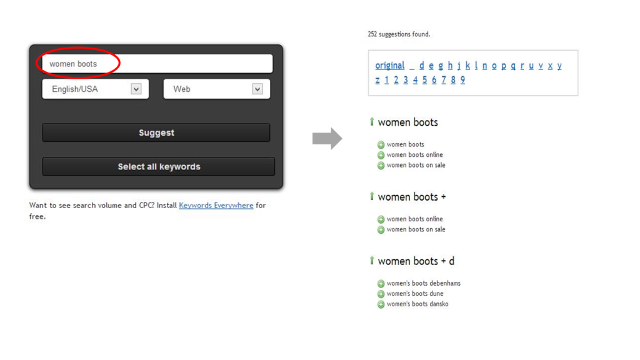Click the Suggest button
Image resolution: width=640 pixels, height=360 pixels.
point(156,132)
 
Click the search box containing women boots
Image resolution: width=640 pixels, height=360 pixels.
point(157,64)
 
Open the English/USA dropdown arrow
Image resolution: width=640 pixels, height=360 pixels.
point(136,89)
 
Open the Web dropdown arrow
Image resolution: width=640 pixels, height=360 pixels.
point(257,89)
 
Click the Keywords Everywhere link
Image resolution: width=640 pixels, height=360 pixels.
point(216,205)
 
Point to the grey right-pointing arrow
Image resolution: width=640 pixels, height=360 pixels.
point(327,138)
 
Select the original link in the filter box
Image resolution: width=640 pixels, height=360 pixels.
point(390,66)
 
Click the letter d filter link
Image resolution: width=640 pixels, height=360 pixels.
point(422,65)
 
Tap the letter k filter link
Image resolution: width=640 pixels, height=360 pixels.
point(467,65)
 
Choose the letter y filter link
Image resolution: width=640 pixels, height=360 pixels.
point(559,66)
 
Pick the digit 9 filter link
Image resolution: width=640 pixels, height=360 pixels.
point(462,80)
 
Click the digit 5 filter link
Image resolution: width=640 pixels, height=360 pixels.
point(424,80)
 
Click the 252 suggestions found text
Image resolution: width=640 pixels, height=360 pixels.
point(399,34)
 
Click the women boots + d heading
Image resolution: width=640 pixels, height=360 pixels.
point(416,261)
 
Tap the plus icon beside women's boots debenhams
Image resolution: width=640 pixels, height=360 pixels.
point(381,284)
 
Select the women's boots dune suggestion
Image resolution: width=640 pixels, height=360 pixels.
point(415,294)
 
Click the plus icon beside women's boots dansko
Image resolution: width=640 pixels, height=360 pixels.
point(381,304)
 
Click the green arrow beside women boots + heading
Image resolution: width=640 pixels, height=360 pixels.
point(371,196)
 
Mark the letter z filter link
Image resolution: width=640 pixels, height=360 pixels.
point(377,80)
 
